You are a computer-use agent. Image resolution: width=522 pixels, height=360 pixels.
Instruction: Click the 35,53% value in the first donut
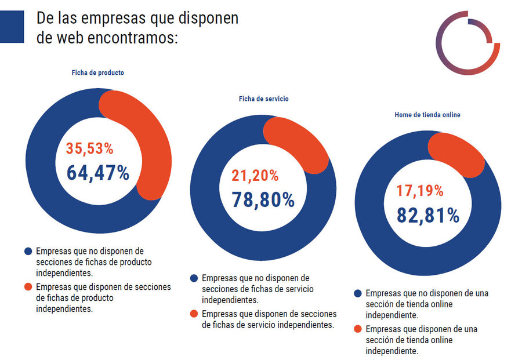pyautogui.click(x=89, y=149)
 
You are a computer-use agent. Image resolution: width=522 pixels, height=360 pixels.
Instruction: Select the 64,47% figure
pyautogui.click(x=98, y=173)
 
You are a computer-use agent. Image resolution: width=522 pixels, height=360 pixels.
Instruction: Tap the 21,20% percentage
pyautogui.click(x=255, y=176)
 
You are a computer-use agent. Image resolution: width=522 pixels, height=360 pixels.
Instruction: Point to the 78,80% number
pyautogui.click(x=263, y=199)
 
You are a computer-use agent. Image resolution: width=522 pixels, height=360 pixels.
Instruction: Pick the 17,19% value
pyautogui.click(x=420, y=191)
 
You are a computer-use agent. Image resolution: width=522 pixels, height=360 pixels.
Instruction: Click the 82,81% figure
pyautogui.click(x=428, y=216)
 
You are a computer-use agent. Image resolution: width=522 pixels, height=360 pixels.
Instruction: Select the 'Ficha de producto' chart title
pyautogui.click(x=97, y=73)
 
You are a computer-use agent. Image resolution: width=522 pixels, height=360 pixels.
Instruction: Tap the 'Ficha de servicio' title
pyautogui.click(x=263, y=99)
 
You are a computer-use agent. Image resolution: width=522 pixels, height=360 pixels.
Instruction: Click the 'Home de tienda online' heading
pyautogui.click(x=427, y=115)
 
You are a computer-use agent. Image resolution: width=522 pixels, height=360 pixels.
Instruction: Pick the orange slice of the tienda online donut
pyautogui.click(x=461, y=154)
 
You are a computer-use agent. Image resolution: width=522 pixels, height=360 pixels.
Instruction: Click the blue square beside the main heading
pyautogui.click(x=12, y=27)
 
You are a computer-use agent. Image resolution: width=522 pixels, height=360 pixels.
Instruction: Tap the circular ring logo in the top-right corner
pyautogui.click(x=467, y=42)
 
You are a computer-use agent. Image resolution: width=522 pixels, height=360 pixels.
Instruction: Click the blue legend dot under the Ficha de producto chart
pyautogui.click(x=28, y=252)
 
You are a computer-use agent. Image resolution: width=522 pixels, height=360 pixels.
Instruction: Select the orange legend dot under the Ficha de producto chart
pyautogui.click(x=28, y=287)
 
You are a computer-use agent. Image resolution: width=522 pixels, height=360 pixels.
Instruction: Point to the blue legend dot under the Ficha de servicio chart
pyautogui.click(x=194, y=278)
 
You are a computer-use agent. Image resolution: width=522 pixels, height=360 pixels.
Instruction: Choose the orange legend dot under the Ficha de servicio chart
pyautogui.click(x=194, y=314)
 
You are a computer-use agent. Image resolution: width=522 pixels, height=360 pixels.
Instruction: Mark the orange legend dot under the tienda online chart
pyautogui.click(x=357, y=329)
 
